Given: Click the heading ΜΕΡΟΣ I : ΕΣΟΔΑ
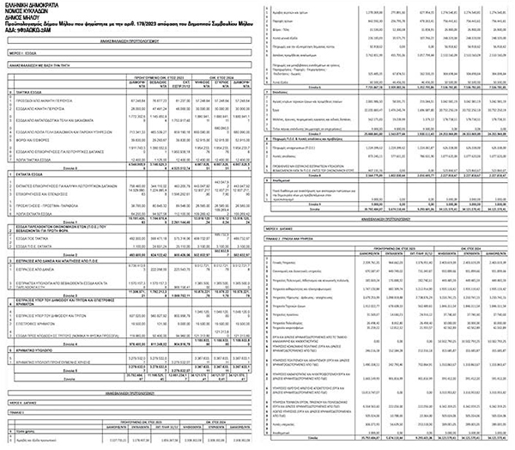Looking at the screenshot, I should tap(27, 53).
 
